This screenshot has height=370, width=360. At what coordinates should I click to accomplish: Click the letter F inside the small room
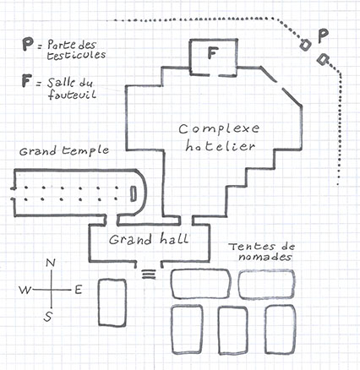[x=213, y=53]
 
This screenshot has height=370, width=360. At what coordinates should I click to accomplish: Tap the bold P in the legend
[x=28, y=45]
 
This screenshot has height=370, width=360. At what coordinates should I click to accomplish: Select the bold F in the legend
[x=26, y=80]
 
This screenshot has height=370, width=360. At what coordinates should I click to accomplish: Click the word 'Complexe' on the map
[x=219, y=128]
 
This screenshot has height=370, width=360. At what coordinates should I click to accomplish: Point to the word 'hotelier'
[x=220, y=146]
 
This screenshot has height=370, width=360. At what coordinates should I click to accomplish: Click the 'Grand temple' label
[x=64, y=151]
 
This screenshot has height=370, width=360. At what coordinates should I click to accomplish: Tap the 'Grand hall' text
[x=149, y=239]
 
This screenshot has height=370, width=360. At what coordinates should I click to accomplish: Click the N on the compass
[x=51, y=263]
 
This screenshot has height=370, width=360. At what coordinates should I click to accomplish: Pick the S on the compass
[x=48, y=317]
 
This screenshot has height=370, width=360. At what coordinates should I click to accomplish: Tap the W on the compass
[x=25, y=290]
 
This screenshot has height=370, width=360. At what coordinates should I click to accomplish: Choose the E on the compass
[x=79, y=290]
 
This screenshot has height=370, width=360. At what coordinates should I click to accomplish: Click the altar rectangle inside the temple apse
[x=133, y=193]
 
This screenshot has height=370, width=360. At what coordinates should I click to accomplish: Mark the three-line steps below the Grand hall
[x=149, y=275]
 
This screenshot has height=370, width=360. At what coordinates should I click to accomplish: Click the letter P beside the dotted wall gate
[x=323, y=35]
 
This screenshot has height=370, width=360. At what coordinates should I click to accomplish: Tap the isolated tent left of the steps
[x=112, y=302]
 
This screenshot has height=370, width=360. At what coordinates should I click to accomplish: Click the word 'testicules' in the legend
[x=76, y=55]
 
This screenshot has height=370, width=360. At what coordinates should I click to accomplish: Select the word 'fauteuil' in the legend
[x=72, y=94]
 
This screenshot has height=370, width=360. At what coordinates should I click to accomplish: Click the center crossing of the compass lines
[x=51, y=290]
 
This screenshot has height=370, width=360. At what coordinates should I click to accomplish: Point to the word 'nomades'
[x=265, y=258]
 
